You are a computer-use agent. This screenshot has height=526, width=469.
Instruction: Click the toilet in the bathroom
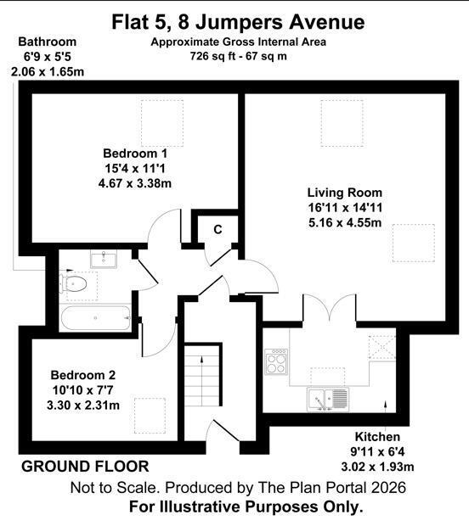point(73,284)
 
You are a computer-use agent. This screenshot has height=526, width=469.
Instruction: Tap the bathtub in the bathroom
point(95,317)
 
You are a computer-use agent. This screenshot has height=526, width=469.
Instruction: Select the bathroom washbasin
point(104,260)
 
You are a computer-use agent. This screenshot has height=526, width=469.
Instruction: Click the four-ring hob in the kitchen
point(276,362)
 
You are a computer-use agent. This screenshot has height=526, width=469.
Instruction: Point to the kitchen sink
point(328,400)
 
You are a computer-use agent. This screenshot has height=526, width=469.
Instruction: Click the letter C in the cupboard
point(218,230)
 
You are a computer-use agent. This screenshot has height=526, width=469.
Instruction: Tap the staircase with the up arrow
point(202,376)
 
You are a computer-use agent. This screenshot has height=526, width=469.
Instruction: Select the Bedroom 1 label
point(135,154)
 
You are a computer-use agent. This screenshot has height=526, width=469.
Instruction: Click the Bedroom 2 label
point(83,375)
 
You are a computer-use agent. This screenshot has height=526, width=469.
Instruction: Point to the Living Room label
point(345,193)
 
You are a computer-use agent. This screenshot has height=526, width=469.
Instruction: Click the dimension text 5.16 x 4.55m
point(345,222)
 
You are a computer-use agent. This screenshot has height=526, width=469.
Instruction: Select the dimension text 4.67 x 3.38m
point(135,183)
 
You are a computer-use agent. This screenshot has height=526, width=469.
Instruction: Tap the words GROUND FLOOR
point(85,467)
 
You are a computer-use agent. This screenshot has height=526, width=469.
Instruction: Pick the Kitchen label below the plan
point(377,437)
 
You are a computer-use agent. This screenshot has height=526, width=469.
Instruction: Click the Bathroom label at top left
point(48,42)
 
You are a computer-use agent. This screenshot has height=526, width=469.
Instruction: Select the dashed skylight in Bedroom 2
point(150,416)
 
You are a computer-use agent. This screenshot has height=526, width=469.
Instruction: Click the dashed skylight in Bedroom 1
point(162,124)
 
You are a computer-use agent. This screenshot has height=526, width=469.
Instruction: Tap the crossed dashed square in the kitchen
point(382,348)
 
